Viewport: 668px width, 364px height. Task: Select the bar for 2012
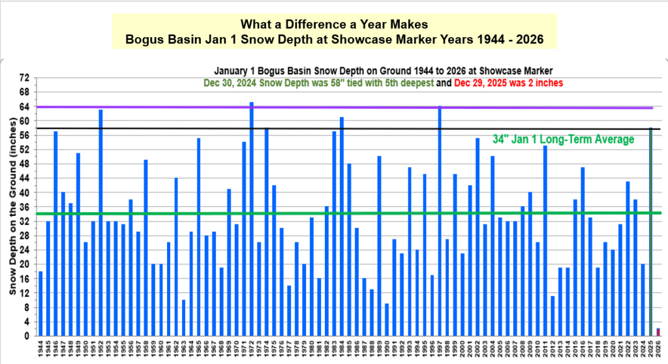[553, 316]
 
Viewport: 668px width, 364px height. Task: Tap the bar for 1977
[290, 311]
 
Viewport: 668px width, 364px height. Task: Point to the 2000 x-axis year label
[463, 350]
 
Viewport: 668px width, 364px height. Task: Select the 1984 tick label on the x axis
[342, 350]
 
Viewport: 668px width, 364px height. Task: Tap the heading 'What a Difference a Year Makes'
[334, 25]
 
